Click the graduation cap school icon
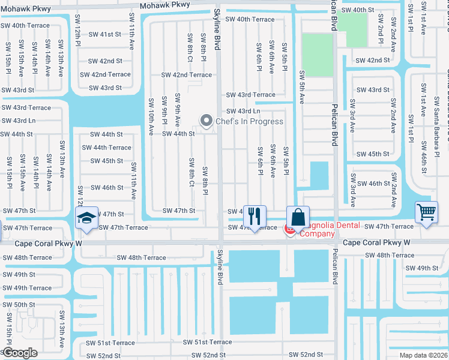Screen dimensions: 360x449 coord(86,217)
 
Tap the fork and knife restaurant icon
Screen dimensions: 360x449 coord(255,216)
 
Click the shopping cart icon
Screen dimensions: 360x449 coord(426,211)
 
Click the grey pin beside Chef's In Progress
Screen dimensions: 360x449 coord(207,121)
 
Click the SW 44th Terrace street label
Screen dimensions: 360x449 coord(106,148)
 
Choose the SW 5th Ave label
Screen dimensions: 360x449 coord(301,85)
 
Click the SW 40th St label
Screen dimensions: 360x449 coord(357,11)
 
